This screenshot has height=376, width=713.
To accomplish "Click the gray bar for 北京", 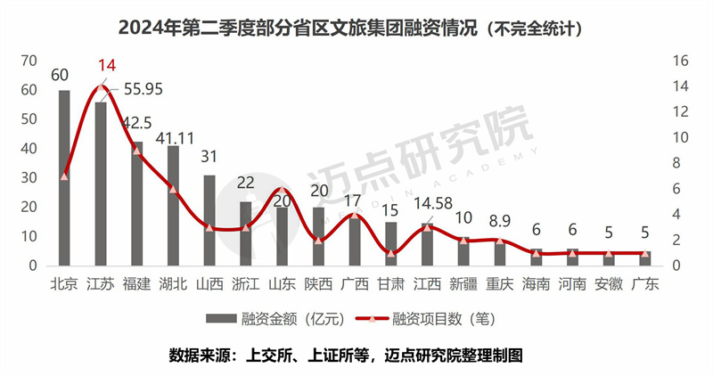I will pyautogui.click(x=64, y=178).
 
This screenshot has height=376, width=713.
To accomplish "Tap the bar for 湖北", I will pyautogui.click(x=173, y=206).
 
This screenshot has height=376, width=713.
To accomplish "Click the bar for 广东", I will pyautogui.click(x=645, y=258).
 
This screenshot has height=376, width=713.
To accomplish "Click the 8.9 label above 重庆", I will pyautogui.click(x=500, y=219).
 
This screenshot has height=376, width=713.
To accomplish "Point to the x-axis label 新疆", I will pyautogui.click(x=463, y=283).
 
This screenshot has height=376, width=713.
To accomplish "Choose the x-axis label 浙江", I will pyautogui.click(x=246, y=283).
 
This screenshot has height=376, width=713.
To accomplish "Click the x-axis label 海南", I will pyautogui.click(x=537, y=283).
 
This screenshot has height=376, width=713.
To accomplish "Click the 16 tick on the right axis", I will pyautogui.click(x=682, y=61).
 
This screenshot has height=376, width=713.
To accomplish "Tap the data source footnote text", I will pyautogui.click(x=356, y=354).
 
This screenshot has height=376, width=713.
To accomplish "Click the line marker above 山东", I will pyautogui.click(x=283, y=191).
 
